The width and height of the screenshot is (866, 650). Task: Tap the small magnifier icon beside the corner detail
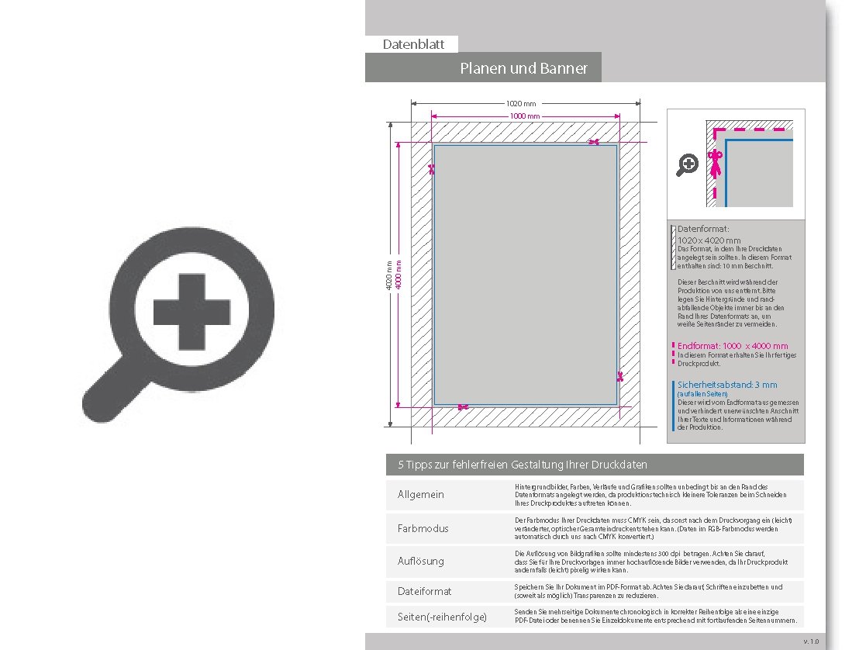coord(687,164)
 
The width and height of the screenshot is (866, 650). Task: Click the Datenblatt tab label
coord(413,45)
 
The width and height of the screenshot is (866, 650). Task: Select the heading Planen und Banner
coord(523,68)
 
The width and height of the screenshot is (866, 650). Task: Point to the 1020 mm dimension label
coord(521,103)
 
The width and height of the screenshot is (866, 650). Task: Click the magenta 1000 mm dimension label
coord(524,116)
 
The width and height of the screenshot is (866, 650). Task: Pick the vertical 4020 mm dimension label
coord(389,275)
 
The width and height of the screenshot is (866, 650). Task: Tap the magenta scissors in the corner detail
coord(716,163)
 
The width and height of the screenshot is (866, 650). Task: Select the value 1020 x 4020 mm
coord(709,240)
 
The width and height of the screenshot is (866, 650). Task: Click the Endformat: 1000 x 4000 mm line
coord(732,346)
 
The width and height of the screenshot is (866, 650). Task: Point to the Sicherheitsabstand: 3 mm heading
coord(726,385)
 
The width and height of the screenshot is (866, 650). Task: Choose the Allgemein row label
coord(421,495)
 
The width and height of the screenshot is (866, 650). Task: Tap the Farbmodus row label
coord(423,528)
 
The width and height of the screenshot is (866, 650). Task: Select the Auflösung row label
coord(421,561)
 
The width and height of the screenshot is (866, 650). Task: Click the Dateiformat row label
coord(424,591)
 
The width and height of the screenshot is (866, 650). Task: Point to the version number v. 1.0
coord(811,641)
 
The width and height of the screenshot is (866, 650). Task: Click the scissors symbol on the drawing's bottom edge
coord(463,407)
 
